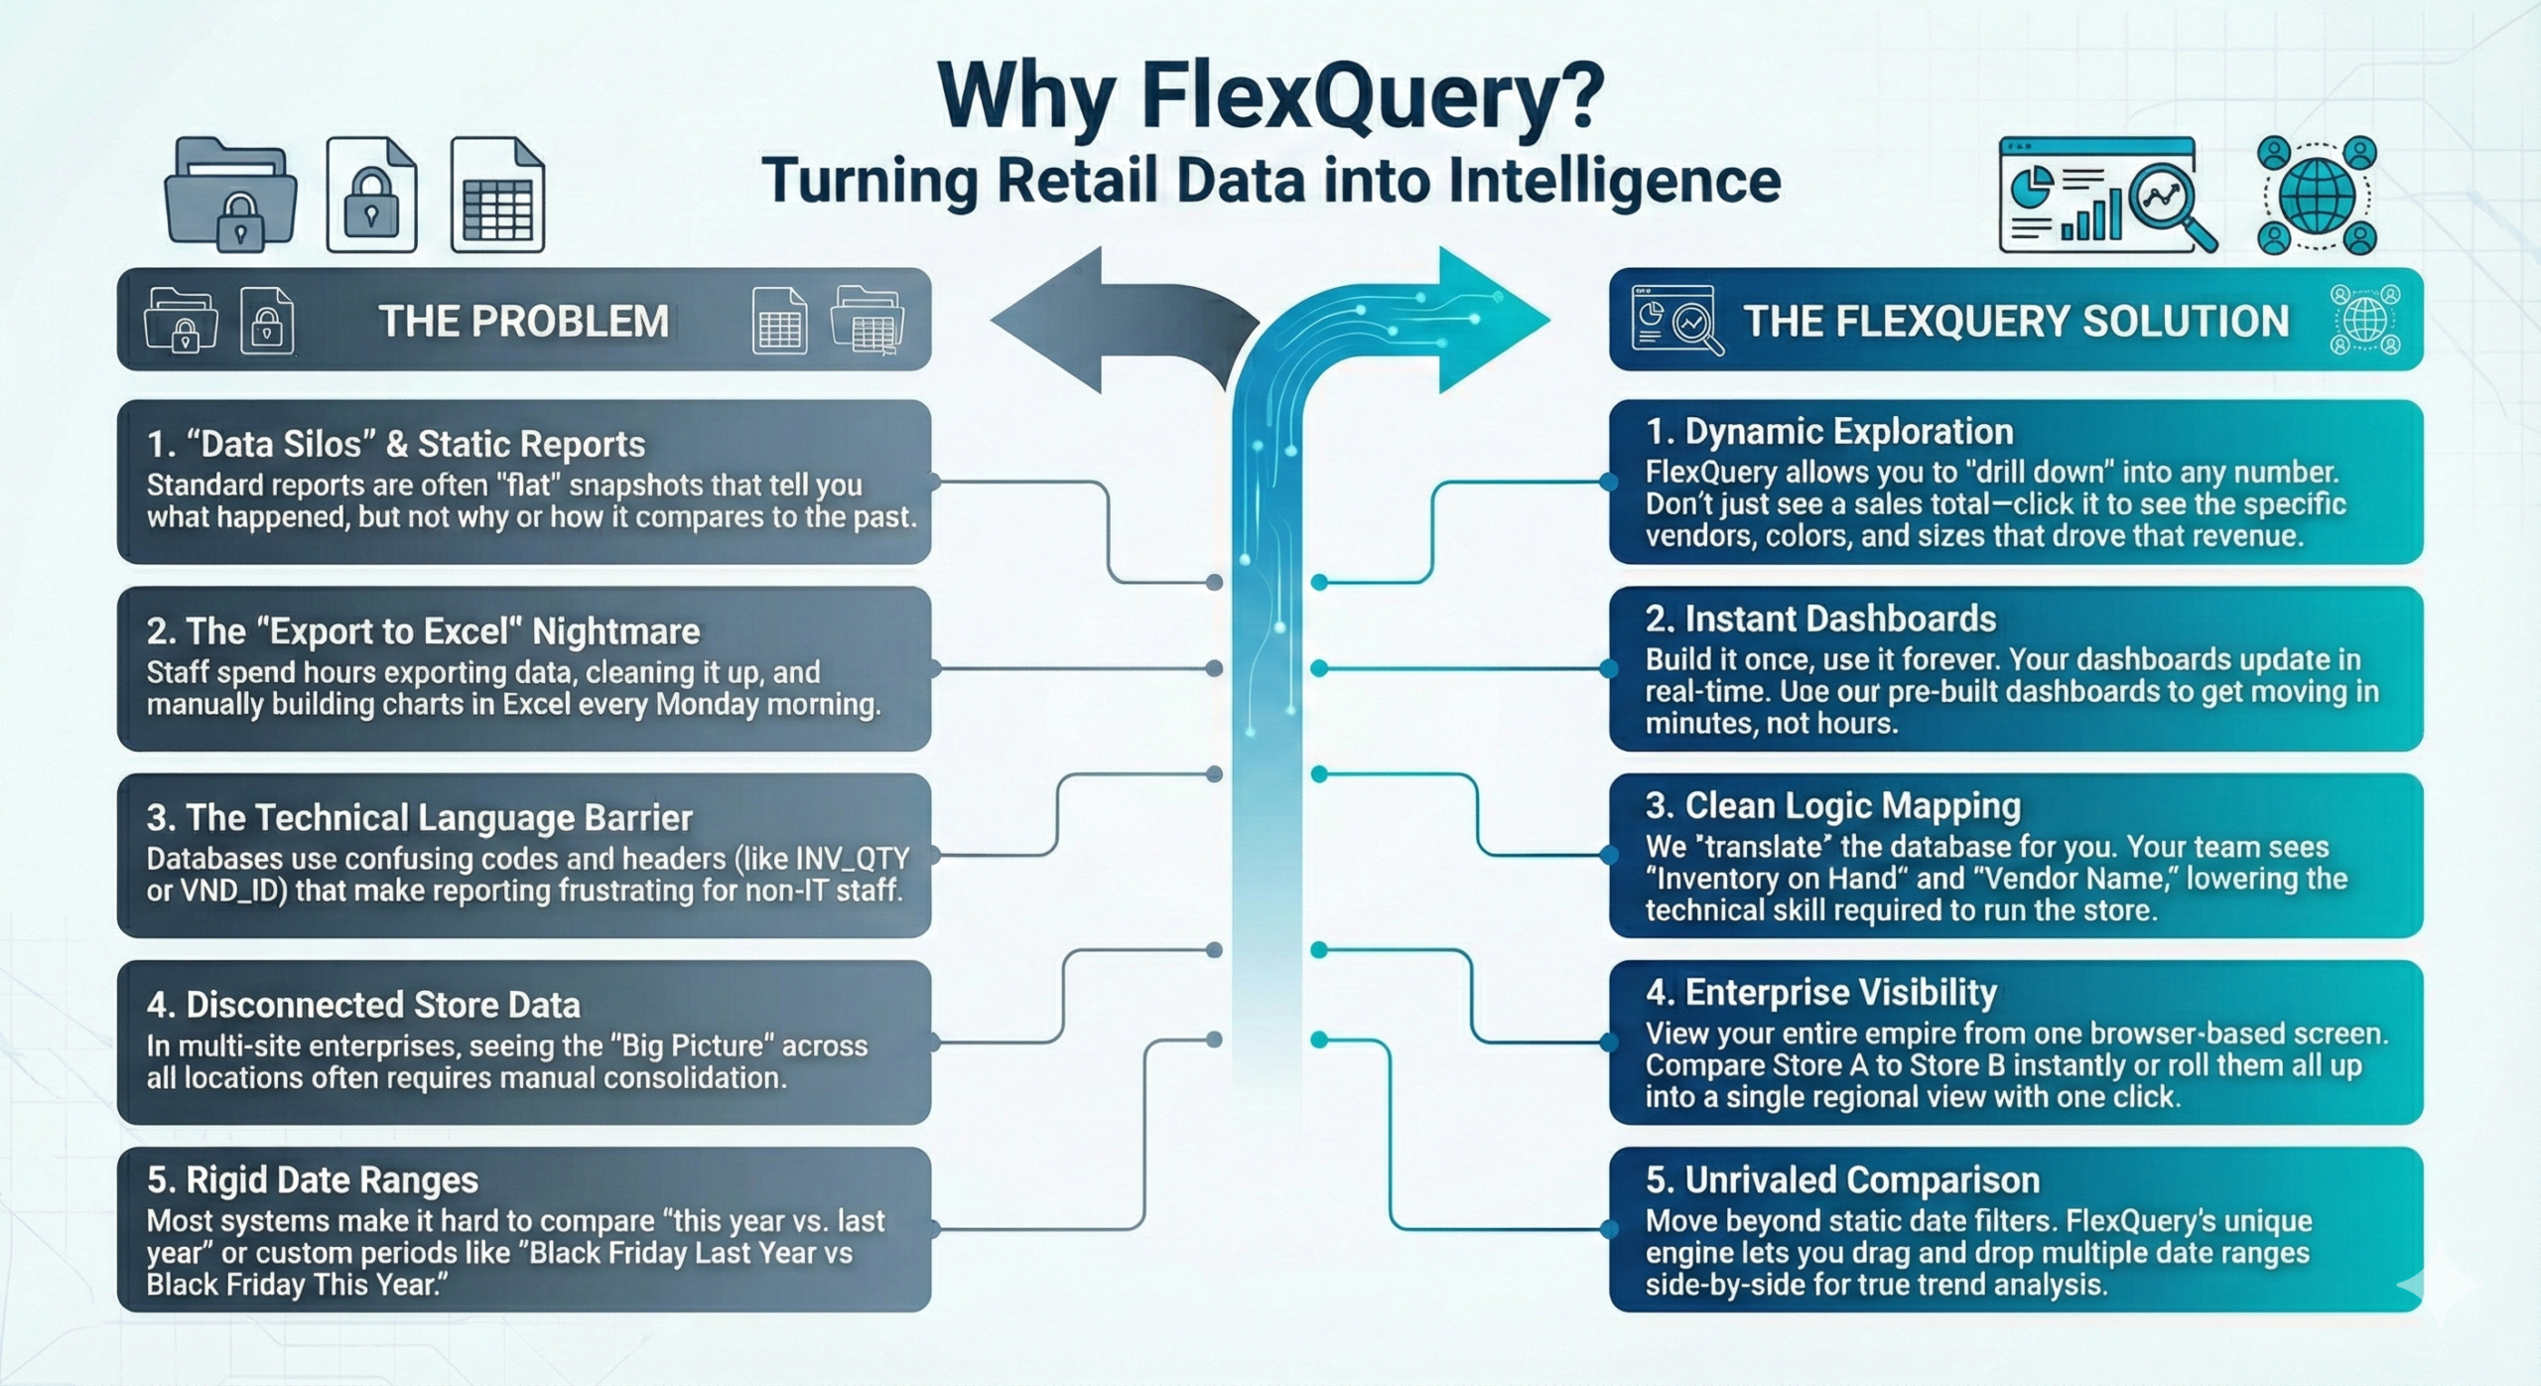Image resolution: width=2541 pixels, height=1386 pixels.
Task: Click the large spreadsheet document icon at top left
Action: tap(497, 195)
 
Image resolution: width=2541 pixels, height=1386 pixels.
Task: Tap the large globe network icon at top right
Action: tap(2317, 196)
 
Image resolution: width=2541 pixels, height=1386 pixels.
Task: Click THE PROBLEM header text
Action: tap(523, 322)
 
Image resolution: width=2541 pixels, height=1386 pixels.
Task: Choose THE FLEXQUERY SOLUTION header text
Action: tap(2016, 322)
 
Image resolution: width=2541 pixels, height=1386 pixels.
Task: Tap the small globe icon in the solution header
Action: tap(2365, 320)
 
